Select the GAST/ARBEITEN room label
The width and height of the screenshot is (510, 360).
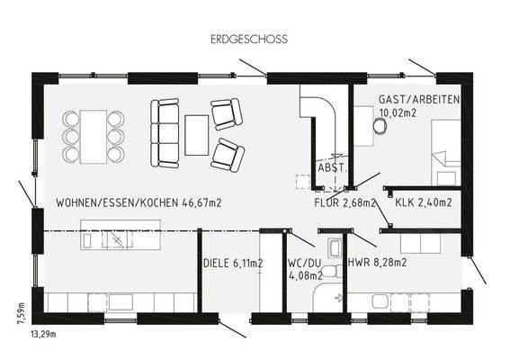[419, 99]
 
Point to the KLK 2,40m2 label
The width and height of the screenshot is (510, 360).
[423, 202]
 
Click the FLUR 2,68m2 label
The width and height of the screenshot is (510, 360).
[343, 202]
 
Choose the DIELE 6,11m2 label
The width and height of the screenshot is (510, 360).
[234, 264]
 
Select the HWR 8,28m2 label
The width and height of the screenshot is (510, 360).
[377, 264]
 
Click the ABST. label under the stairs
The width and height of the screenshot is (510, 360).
[330, 168]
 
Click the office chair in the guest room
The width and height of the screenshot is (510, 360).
[381, 128]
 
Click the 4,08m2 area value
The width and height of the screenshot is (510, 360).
[301, 277]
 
